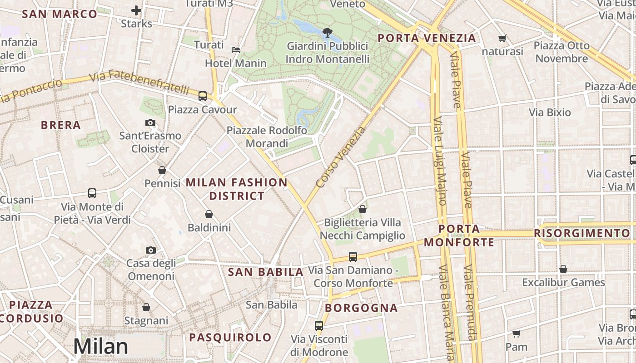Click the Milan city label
point(101,346)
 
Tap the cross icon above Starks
point(136,10)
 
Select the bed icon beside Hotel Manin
point(236,49)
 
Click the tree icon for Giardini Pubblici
point(327,32)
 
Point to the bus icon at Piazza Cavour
point(203,96)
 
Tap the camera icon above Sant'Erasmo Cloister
point(150,123)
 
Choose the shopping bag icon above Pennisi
point(162,170)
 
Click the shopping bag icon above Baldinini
point(209,214)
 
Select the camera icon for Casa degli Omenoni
point(150,250)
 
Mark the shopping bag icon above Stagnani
point(146,307)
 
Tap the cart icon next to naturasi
point(502,39)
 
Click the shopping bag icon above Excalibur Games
point(563,269)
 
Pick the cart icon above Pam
point(516,334)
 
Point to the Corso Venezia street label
point(341,157)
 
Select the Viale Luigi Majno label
point(439,161)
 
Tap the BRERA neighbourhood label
point(60,125)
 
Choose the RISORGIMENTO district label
point(582,233)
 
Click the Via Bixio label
point(550,112)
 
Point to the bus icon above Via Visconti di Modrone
point(319,325)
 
